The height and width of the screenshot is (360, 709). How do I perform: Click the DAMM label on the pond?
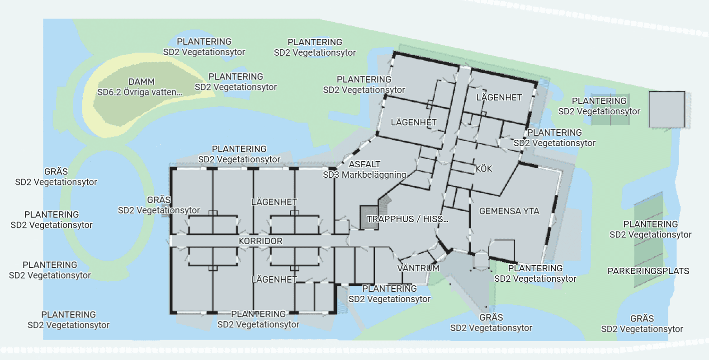tap(142, 82)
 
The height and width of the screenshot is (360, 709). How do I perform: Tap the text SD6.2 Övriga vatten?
tap(140, 92)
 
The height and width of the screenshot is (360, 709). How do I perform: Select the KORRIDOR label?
tap(260, 241)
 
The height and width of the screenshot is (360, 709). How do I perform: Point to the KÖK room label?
tap(484, 169)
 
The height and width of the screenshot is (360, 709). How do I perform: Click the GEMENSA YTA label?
tap(509, 211)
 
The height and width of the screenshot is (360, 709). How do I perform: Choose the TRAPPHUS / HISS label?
tap(407, 219)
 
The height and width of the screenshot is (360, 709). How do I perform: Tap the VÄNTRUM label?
tap(418, 268)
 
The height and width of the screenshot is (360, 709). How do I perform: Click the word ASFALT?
tap(364, 164)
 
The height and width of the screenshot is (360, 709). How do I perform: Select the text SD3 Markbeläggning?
tap(364, 175)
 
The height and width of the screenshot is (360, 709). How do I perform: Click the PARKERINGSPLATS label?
tap(648, 271)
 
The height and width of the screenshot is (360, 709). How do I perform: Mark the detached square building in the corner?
tap(667, 109)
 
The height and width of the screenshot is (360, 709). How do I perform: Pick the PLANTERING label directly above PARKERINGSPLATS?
tap(651, 224)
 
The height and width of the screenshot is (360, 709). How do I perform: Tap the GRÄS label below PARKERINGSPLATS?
tap(642, 318)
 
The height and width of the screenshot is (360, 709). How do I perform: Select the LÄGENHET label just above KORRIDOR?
tap(274, 202)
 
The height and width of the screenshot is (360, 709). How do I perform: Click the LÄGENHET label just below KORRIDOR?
tap(274, 279)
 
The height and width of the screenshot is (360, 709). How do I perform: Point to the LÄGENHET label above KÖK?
tap(499, 97)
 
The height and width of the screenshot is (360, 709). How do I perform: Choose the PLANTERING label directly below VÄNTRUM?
tap(389, 289)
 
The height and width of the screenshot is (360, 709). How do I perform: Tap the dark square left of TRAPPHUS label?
tap(369, 218)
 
